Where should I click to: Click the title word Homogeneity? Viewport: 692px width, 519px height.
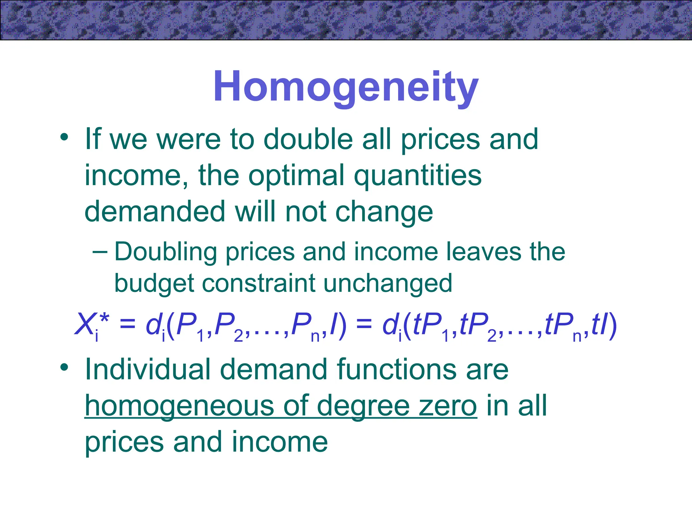346,86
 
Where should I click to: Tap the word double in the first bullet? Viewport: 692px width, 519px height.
308,139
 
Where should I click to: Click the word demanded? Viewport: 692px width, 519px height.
155,212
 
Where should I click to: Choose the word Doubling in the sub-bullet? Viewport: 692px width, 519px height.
166,252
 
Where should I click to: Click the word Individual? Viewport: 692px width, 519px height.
148,369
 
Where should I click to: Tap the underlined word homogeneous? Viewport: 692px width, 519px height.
179,406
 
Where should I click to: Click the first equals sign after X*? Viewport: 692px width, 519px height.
127,324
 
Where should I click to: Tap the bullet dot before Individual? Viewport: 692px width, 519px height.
64,367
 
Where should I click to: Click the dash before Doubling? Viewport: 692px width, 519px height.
100,252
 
